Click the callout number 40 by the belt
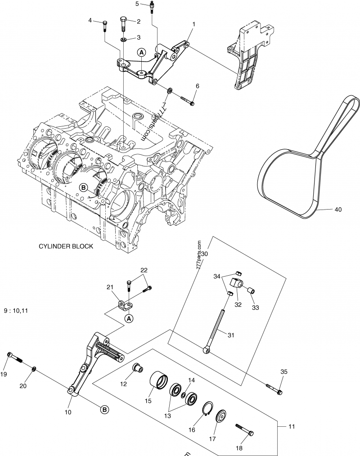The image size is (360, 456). (x=338, y=209)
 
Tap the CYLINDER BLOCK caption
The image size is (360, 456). (x=66, y=246)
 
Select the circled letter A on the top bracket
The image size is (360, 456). (x=141, y=53)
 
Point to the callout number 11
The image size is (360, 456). (x=291, y=426)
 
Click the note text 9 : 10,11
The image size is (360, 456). (x=16, y=310)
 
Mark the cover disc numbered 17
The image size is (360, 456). (x=221, y=416)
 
